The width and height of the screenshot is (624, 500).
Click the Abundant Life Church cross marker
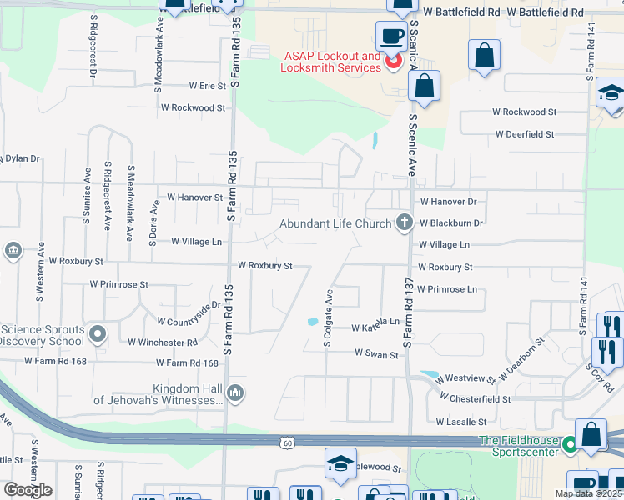405,222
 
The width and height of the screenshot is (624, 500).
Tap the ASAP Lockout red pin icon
391,62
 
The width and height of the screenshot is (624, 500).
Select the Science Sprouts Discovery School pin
98,335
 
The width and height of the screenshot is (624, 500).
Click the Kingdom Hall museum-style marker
235,392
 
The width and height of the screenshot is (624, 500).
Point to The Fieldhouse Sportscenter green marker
570,445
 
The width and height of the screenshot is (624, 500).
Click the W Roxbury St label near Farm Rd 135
265,266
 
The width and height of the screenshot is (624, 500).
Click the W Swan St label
376,353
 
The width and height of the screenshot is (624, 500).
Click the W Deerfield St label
525,134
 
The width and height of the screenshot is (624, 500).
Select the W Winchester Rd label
163,342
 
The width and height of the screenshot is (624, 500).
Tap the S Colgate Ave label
329,317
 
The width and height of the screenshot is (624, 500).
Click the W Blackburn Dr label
451,223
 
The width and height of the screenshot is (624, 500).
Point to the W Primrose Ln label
447,289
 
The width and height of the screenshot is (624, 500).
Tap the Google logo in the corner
28,489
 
